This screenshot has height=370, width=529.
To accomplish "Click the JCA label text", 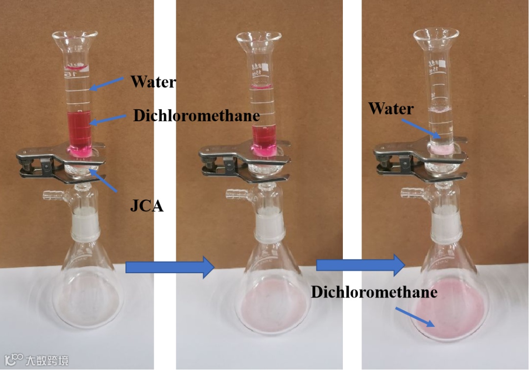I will (x=146, y=206).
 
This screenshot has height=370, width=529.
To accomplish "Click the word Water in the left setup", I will (x=153, y=82).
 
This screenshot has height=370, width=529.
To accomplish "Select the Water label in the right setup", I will (x=391, y=108).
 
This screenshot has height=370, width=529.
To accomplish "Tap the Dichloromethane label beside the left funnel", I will (x=196, y=116).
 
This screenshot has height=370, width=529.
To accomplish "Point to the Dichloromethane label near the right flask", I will (x=374, y=292).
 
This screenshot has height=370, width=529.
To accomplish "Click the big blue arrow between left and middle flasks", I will (x=170, y=267).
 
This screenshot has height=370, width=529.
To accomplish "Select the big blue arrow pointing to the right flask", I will (x=361, y=265).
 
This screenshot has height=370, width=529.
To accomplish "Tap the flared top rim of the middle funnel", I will (x=259, y=37).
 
